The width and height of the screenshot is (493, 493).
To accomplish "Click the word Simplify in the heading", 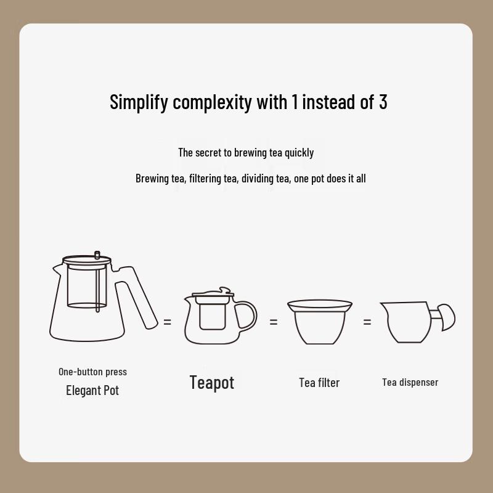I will click(139, 102).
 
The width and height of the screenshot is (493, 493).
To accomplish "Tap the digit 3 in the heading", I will click(383, 102).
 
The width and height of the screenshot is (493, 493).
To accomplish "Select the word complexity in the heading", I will click(212, 102).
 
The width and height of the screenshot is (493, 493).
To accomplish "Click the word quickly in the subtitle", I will click(299, 153).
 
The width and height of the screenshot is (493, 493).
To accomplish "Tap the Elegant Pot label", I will click(92, 390).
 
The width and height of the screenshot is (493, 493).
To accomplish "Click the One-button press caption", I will click(92, 372).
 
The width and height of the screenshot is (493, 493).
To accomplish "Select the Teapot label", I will click(211, 382).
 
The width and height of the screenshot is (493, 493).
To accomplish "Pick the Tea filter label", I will click(319, 383).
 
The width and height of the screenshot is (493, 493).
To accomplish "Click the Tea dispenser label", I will click(410, 382).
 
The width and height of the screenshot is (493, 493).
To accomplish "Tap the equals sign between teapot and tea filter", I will click(274, 322).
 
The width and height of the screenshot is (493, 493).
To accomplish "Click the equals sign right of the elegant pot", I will click(168, 322).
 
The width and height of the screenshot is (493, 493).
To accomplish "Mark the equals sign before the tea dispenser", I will click(367, 322).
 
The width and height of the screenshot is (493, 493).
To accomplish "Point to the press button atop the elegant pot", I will click(97, 255).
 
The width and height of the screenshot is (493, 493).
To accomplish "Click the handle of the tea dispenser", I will click(446, 317).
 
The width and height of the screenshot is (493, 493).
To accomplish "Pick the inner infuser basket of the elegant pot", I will click(83, 287).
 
